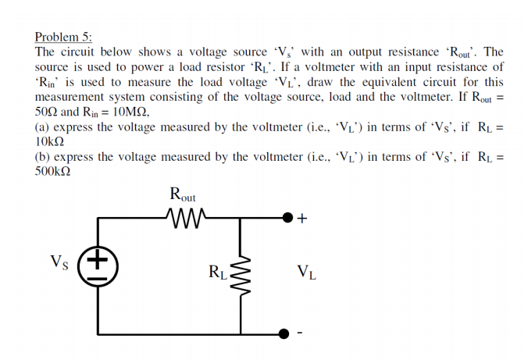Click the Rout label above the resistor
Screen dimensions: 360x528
tap(183, 194)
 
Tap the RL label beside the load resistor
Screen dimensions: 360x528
tap(218, 273)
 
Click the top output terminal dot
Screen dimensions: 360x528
tap(287, 218)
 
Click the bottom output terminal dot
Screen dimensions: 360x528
tap(287, 333)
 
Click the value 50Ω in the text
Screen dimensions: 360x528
tap(47, 112)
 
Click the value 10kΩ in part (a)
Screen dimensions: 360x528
tap(52, 141)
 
